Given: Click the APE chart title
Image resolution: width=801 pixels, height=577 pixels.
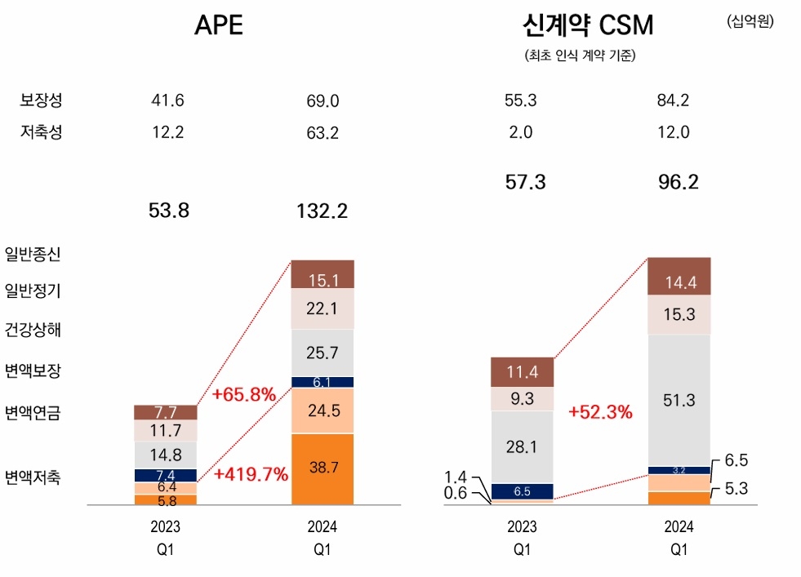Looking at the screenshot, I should [x=218, y=25].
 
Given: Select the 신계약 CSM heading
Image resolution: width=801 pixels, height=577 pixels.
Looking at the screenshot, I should [x=587, y=25].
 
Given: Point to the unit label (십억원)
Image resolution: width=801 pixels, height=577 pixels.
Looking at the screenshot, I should [x=750, y=21].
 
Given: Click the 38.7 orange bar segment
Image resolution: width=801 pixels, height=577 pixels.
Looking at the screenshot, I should [x=323, y=468].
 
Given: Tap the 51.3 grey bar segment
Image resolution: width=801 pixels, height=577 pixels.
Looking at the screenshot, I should [x=679, y=400].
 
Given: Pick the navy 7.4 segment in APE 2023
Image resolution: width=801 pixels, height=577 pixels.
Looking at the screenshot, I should [x=166, y=475].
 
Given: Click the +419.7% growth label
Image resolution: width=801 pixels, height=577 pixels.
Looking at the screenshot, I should [x=251, y=474].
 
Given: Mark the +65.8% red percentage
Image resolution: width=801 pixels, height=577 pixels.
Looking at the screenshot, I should [x=243, y=395].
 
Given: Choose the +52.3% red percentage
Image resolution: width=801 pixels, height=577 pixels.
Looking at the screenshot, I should [x=600, y=412].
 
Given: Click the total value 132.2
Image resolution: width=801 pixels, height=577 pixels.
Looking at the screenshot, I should [x=322, y=211].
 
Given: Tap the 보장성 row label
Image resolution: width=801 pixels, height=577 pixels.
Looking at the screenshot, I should [x=41, y=100].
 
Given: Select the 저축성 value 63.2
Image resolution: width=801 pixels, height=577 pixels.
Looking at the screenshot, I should [x=322, y=134].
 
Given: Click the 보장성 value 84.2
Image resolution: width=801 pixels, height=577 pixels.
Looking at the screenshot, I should [x=673, y=101].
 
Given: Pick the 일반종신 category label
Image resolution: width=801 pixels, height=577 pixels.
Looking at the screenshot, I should [x=33, y=253].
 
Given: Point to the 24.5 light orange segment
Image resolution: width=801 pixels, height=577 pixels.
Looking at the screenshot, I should [x=323, y=411].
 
